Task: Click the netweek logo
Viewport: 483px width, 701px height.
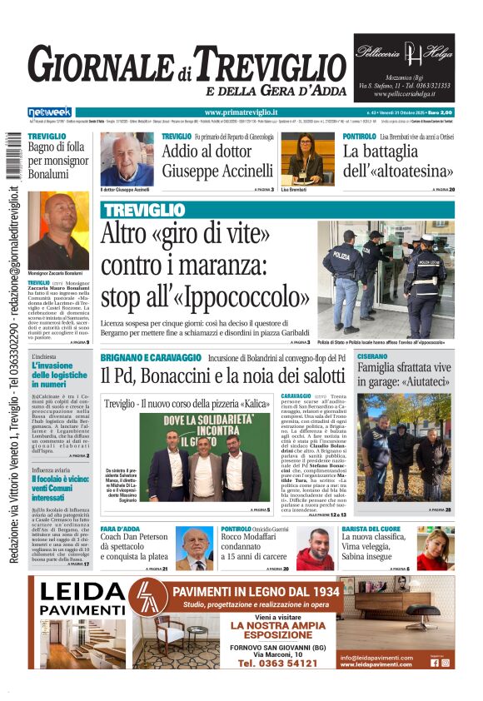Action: click(x=50, y=112)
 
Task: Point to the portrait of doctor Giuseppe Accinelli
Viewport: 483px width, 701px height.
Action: click(x=127, y=159)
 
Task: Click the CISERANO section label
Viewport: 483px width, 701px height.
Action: click(x=372, y=356)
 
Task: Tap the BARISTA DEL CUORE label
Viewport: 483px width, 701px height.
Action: click(x=372, y=529)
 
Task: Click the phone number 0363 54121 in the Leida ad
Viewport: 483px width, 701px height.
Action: click(x=276, y=664)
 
